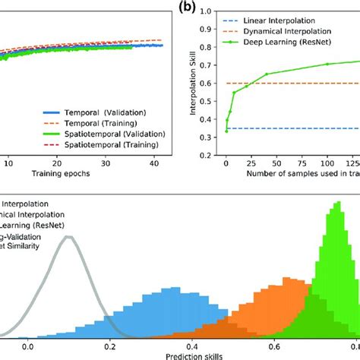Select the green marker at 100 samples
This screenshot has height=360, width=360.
pos(327,65)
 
